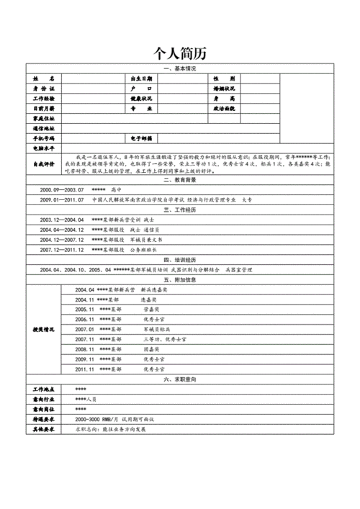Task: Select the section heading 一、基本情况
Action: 180,68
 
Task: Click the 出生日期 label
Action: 140,78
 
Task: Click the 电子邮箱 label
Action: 140,137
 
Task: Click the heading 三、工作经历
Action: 180,210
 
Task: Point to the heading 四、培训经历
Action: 180,258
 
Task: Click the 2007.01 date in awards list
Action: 85,328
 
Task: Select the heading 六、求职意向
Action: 180,378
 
